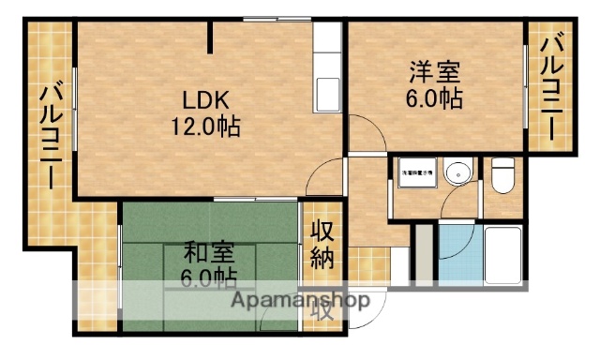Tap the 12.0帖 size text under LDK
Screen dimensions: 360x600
click(x=204, y=125)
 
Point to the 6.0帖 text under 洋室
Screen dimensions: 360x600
click(x=432, y=97)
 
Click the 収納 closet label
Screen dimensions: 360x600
click(x=322, y=246)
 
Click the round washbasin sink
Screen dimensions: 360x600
click(x=457, y=174)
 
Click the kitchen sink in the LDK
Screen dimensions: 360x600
click(x=329, y=95)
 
